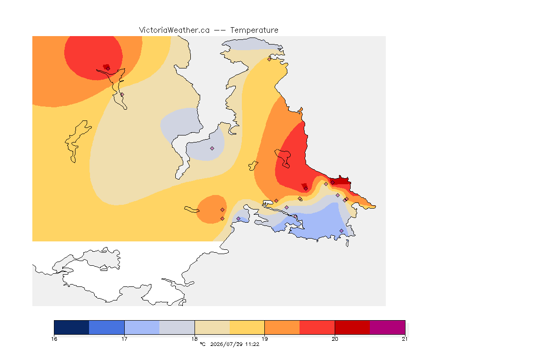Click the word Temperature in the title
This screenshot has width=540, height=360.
pyautogui.click(x=254, y=30)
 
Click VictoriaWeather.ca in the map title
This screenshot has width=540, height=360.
pyautogui.click(x=174, y=30)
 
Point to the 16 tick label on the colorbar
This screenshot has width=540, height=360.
pyautogui.click(x=54, y=339)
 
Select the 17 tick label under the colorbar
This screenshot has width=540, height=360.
pyautogui.click(x=124, y=339)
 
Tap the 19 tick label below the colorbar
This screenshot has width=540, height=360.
pyautogui.click(x=264, y=339)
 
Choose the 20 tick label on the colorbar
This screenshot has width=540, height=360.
pyautogui.click(x=335, y=339)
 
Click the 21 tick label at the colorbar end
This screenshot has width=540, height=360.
pyautogui.click(x=405, y=339)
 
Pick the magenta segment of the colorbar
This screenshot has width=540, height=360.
pyautogui.click(x=388, y=327)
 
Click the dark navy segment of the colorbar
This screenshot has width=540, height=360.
pyautogui.click(x=72, y=327)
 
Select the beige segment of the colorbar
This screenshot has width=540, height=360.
pyautogui.click(x=212, y=327)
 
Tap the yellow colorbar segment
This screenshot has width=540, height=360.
pyautogui.click(x=247, y=327)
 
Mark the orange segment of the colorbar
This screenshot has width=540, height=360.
pyautogui.click(x=282, y=327)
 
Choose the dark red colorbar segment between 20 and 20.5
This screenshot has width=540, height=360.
pyautogui.click(x=352, y=327)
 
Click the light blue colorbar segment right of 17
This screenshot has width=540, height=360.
pyautogui.click(x=142, y=327)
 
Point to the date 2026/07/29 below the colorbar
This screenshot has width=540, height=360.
pyautogui.click(x=226, y=344)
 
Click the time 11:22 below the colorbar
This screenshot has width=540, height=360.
pyautogui.click(x=252, y=344)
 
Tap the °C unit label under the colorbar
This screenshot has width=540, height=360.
pyautogui.click(x=202, y=344)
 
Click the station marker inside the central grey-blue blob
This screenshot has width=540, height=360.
pyautogui.click(x=212, y=149)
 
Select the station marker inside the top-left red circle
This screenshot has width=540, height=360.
pyautogui.click(x=108, y=68)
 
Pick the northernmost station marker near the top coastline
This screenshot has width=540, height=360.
pyautogui.click(x=270, y=59)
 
